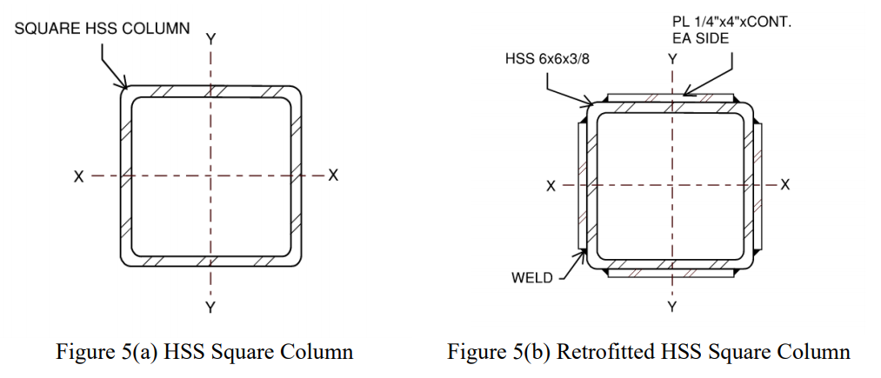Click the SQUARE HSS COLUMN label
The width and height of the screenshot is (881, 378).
[102, 29]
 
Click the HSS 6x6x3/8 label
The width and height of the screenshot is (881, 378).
[552, 59]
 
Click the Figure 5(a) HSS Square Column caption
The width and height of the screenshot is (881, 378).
[204, 352]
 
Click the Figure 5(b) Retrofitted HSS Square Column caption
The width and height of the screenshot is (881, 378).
[648, 352]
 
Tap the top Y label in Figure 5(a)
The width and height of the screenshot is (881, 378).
[210, 39]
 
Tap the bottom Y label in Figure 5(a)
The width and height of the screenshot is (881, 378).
[210, 307]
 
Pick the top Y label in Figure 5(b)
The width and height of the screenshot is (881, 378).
[672, 59]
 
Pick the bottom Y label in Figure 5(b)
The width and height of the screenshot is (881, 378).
[672, 307]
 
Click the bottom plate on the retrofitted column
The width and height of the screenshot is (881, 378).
[671, 274]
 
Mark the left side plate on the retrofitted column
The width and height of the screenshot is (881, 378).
[581, 185]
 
